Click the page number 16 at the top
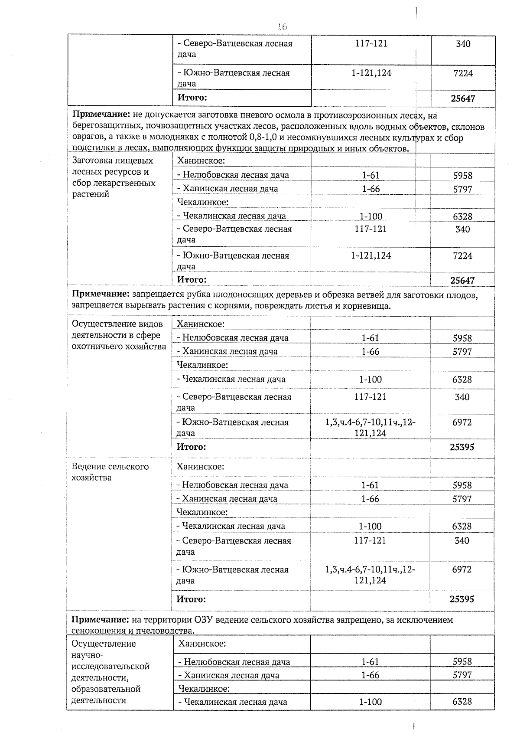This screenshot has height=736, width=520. point(283,27)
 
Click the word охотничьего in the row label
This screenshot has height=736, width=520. point(97,346)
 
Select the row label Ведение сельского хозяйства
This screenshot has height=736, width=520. point(110,472)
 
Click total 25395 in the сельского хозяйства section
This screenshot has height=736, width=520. point(462,599)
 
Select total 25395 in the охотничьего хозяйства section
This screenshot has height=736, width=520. point(462,447)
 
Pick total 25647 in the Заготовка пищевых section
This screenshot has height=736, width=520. point(462,280)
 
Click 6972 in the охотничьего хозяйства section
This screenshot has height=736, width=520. point(462,422)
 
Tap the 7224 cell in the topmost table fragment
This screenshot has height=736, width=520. point(463,73)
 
